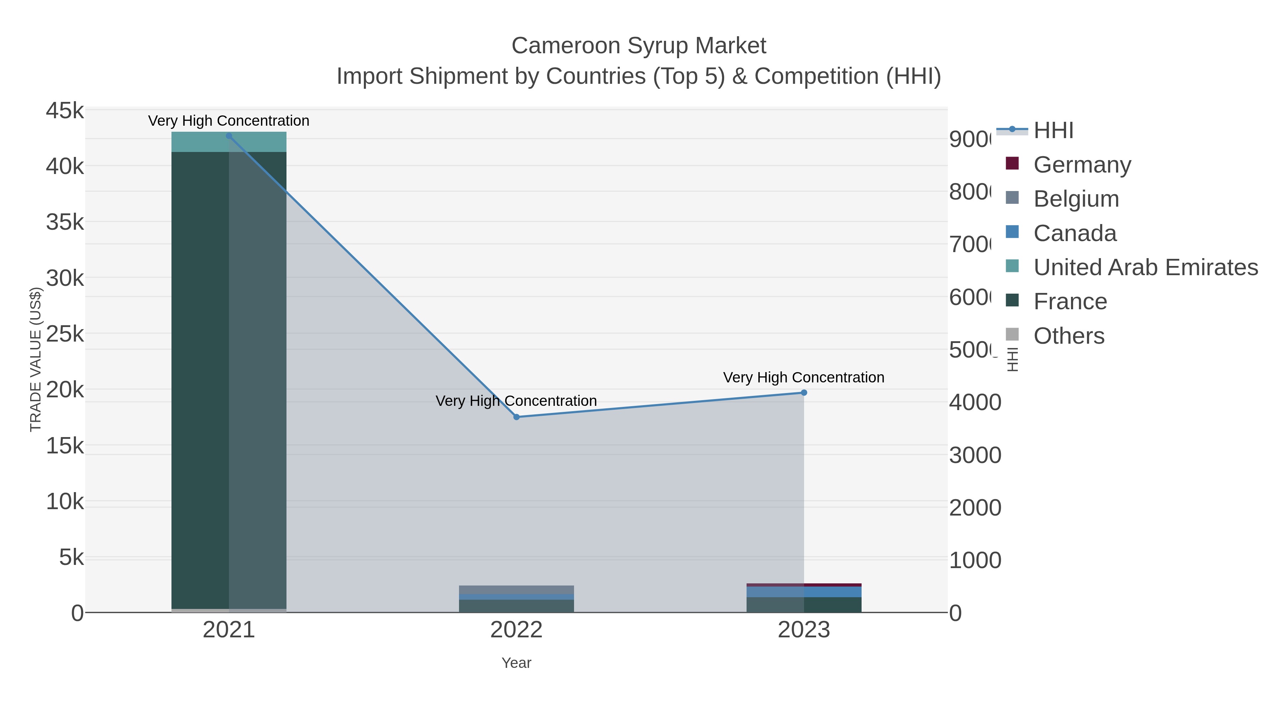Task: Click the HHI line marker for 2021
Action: tap(229, 136)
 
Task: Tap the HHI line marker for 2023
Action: tap(804, 392)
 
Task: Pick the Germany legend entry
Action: tap(1082, 164)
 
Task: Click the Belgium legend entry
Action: tap(1076, 198)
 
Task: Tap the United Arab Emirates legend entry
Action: tap(1145, 267)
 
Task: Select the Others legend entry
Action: tap(1069, 336)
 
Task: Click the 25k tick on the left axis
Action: tap(65, 334)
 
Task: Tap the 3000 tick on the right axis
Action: tap(975, 455)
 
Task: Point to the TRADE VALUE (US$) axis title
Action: tap(36, 359)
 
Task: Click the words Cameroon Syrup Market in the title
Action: tap(639, 46)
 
